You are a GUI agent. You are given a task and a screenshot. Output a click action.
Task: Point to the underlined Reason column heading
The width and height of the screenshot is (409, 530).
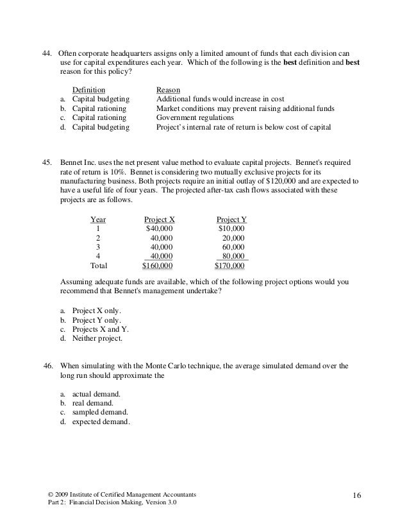168,90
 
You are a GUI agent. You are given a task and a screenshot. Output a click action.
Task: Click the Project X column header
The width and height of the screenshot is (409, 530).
159,219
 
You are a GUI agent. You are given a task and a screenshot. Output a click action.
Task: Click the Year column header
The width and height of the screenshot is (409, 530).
98,219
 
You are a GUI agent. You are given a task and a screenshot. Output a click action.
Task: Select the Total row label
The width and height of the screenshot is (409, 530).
99,265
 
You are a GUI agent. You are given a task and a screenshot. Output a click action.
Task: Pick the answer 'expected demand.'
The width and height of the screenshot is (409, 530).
101,422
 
